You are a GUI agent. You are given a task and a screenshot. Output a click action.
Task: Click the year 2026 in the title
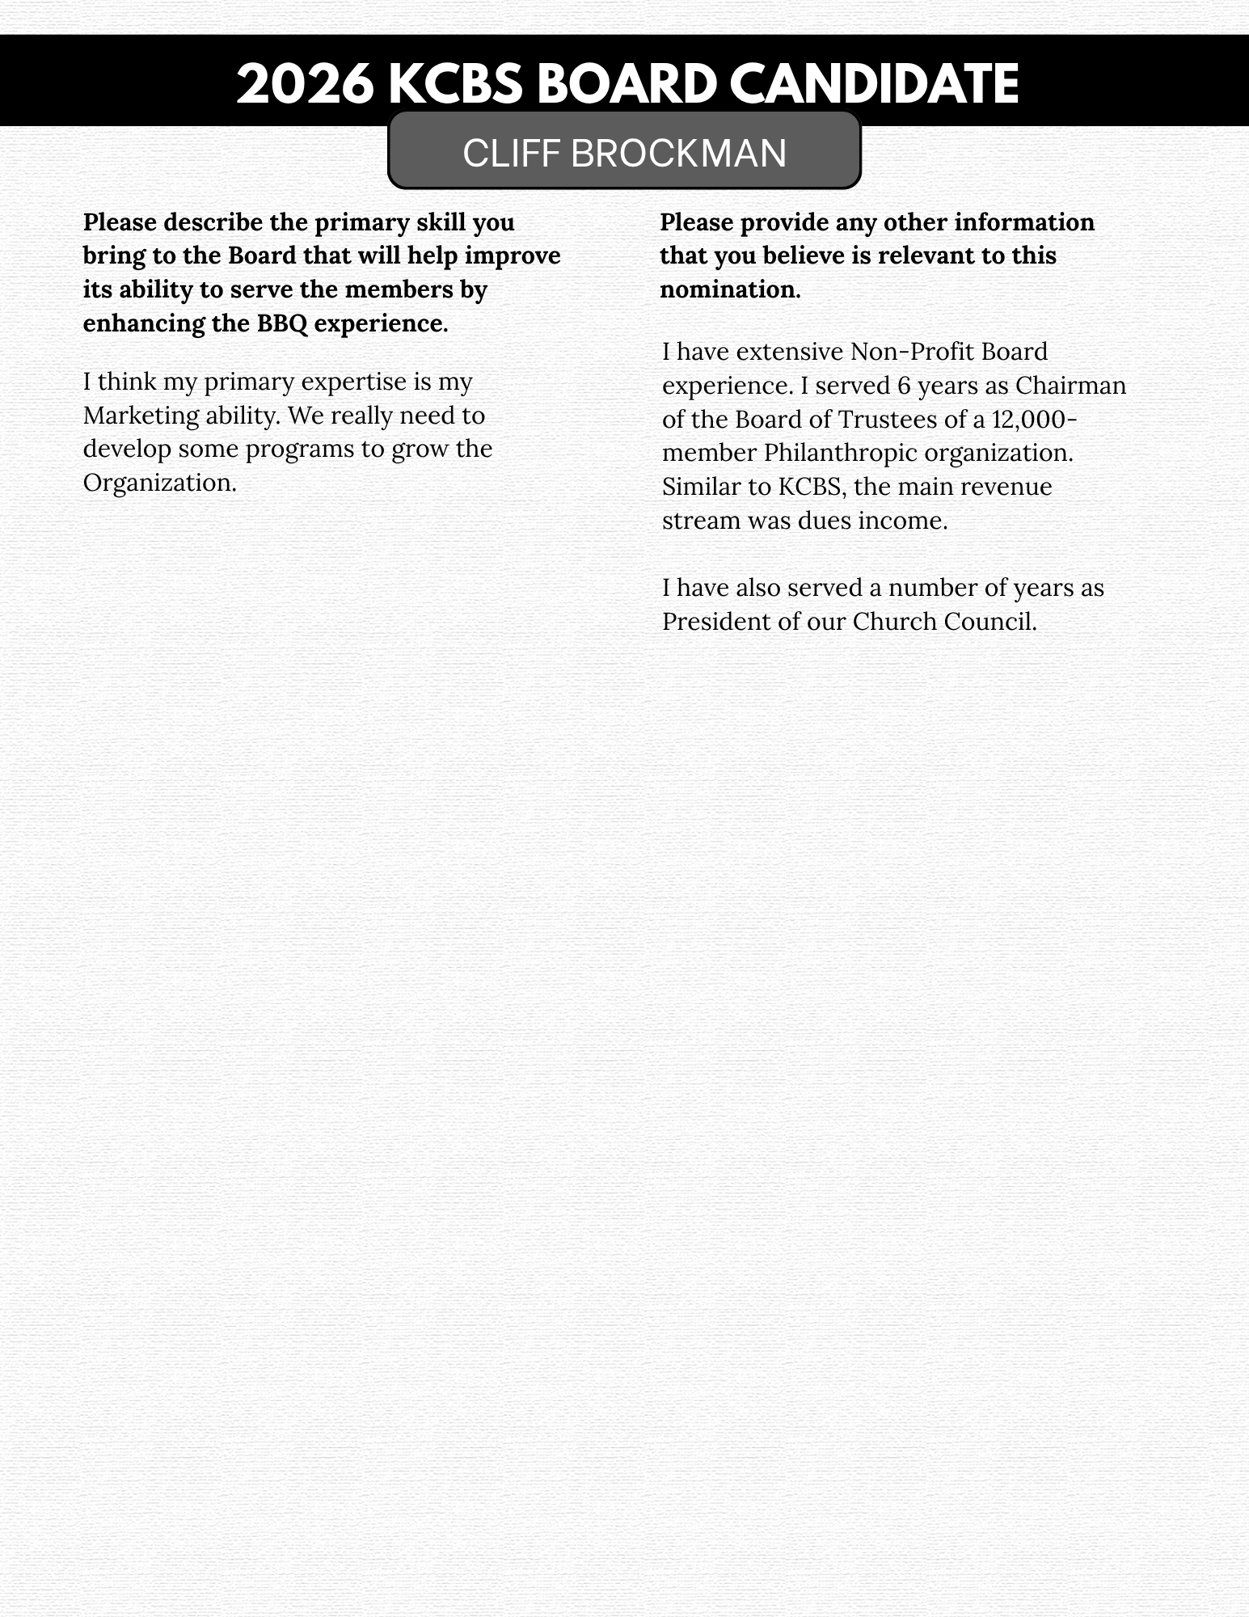click(x=305, y=85)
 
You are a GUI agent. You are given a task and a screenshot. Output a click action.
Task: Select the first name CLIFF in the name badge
click(x=511, y=154)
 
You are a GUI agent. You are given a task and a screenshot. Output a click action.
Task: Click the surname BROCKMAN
click(x=678, y=154)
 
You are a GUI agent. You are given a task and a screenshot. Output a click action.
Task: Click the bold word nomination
click(x=729, y=289)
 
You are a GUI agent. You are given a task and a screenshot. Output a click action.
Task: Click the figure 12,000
click(x=1031, y=420)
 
